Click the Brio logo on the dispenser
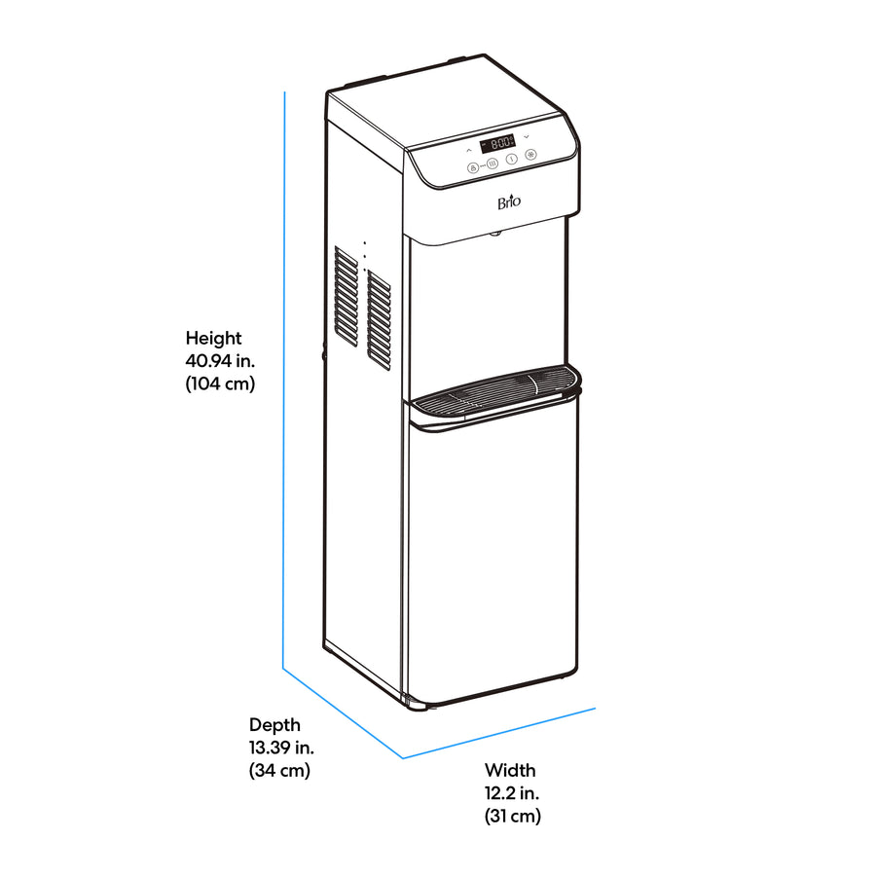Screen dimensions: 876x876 (509, 201)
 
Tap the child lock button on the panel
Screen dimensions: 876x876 (473, 167)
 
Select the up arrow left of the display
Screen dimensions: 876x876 (469, 150)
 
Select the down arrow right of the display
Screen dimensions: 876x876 (527, 137)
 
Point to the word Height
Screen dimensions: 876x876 (213, 338)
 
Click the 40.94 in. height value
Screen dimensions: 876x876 (220, 361)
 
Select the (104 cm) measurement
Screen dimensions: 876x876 (220, 383)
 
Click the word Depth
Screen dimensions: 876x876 (274, 725)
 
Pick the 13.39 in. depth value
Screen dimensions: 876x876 (281, 748)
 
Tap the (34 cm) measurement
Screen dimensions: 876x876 (279, 771)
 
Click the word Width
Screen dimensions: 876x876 (510, 771)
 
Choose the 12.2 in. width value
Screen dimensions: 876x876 (512, 793)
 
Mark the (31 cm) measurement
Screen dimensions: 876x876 (513, 817)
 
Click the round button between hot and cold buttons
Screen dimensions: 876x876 (511, 160)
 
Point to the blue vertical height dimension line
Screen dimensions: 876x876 (284, 380)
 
